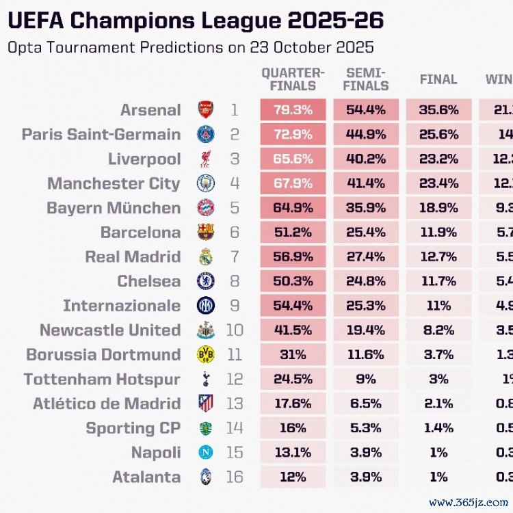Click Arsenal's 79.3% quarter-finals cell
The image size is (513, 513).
click(x=293, y=110)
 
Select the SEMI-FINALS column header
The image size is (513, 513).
click(x=367, y=79)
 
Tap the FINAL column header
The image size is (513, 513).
click(x=438, y=79)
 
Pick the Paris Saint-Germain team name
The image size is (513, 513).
click(x=101, y=134)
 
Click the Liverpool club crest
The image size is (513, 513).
click(x=205, y=159)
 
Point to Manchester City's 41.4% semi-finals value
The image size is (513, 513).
click(x=367, y=183)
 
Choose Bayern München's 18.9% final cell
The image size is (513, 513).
click(x=438, y=208)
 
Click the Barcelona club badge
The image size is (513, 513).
click(x=205, y=232)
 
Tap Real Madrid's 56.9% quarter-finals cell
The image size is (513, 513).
click(x=293, y=256)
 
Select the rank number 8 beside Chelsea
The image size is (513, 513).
click(x=235, y=281)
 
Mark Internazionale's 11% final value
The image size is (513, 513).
click(x=438, y=306)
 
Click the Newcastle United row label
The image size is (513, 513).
click(x=110, y=330)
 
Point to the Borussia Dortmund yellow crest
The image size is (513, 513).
click(x=205, y=354)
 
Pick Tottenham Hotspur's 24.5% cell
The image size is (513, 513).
click(x=293, y=379)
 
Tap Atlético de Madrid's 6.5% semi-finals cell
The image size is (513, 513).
click(x=367, y=404)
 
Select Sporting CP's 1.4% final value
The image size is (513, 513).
click(x=438, y=428)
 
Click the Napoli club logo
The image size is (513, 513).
click(x=205, y=453)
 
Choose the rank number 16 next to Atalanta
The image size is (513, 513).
click(x=235, y=477)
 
